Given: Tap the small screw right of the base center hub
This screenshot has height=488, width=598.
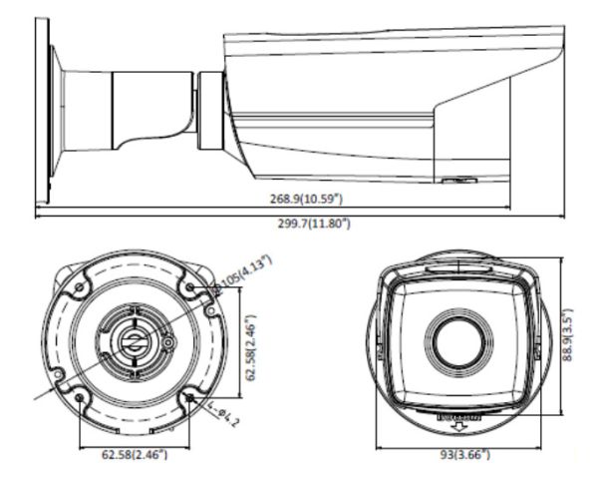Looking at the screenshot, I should pyautogui.click(x=168, y=344).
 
